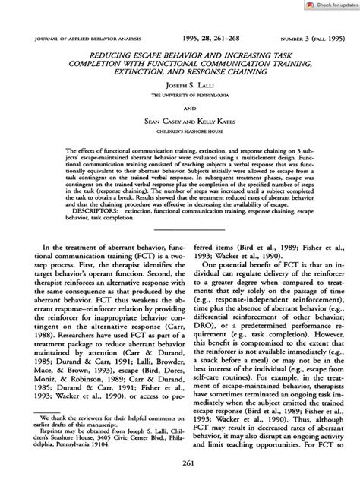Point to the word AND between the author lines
tap(180, 108)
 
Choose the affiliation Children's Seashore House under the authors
tap(180, 130)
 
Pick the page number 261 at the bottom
tap(180, 466)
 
